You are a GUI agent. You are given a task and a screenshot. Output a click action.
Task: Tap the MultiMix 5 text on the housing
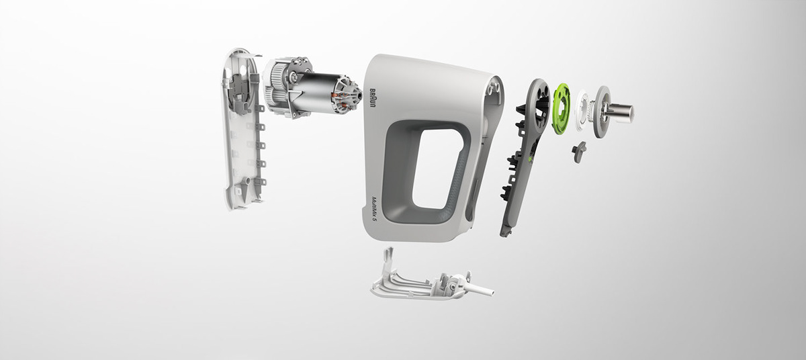click(x=375, y=210)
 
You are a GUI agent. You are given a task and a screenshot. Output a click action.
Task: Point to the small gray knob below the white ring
click(x=579, y=152)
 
